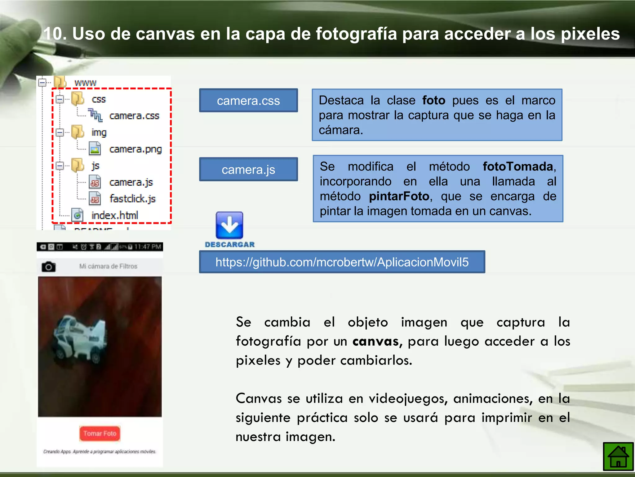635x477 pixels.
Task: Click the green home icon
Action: coord(618,457)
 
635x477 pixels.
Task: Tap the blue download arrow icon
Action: coord(229,225)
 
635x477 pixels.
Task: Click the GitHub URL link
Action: coord(342,262)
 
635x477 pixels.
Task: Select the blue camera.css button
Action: coord(248,101)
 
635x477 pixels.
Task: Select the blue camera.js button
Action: coord(248,170)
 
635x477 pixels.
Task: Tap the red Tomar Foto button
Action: coord(100,434)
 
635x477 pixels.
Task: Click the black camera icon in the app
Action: coord(49,266)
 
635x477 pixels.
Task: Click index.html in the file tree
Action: coord(114,215)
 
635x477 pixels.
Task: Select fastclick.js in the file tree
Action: coord(132,199)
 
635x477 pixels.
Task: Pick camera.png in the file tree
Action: coord(135,149)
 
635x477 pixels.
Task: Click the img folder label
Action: coord(99,133)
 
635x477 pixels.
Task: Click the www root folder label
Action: coord(85,83)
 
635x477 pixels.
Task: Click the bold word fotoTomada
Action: coord(518,167)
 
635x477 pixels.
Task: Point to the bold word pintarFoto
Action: coord(399,196)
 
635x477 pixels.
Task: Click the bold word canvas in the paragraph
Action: coord(375,341)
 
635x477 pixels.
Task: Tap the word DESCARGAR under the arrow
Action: coord(230,245)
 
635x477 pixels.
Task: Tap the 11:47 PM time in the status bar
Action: coord(148,247)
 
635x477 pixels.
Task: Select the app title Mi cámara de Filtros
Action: coord(108,266)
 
